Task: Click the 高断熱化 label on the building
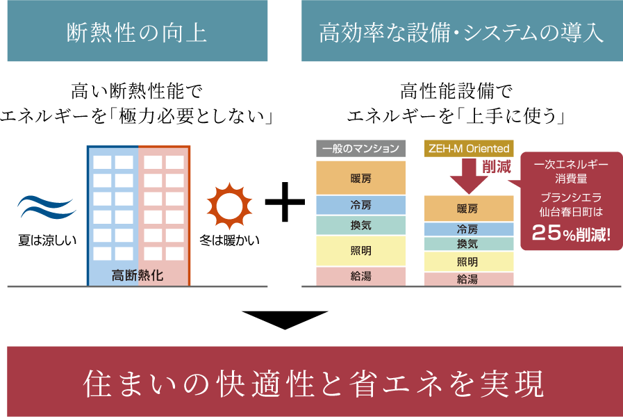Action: [x=138, y=275]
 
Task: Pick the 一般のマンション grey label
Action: [x=361, y=148]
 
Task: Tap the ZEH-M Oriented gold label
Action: [x=469, y=148]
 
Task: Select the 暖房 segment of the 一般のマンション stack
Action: [x=361, y=178]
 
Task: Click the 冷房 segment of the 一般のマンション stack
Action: [x=361, y=205]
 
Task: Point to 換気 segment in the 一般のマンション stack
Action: [x=361, y=225]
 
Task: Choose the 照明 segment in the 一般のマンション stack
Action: [x=361, y=251]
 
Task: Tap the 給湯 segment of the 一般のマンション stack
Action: [x=361, y=277]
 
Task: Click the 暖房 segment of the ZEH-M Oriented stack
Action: [x=468, y=208]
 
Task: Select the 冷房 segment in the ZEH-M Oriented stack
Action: [x=468, y=229]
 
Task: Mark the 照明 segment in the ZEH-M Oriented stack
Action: [x=468, y=262]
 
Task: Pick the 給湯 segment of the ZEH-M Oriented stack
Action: [x=468, y=279]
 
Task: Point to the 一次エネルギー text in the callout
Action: [x=571, y=165]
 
